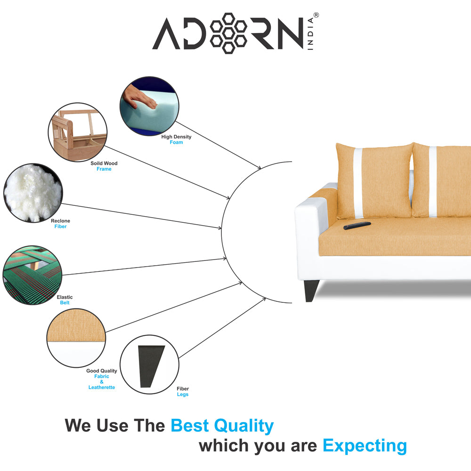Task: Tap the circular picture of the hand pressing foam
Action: pos(149,107)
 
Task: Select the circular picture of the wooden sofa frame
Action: pos(78,132)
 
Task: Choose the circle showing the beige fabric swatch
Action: pos(76,338)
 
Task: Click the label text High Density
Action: pos(176,137)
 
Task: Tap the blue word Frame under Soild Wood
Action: pos(104,169)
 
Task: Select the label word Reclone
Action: pos(60,221)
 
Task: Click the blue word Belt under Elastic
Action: pos(65,303)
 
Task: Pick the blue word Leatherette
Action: pos(102,387)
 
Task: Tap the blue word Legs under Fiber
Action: pos(183,394)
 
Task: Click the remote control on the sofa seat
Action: pos(357,226)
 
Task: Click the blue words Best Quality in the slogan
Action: pos(222,426)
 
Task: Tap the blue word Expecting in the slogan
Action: pos(365,446)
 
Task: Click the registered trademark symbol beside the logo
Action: pos(316,16)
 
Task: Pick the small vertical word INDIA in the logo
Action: pos(311,35)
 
